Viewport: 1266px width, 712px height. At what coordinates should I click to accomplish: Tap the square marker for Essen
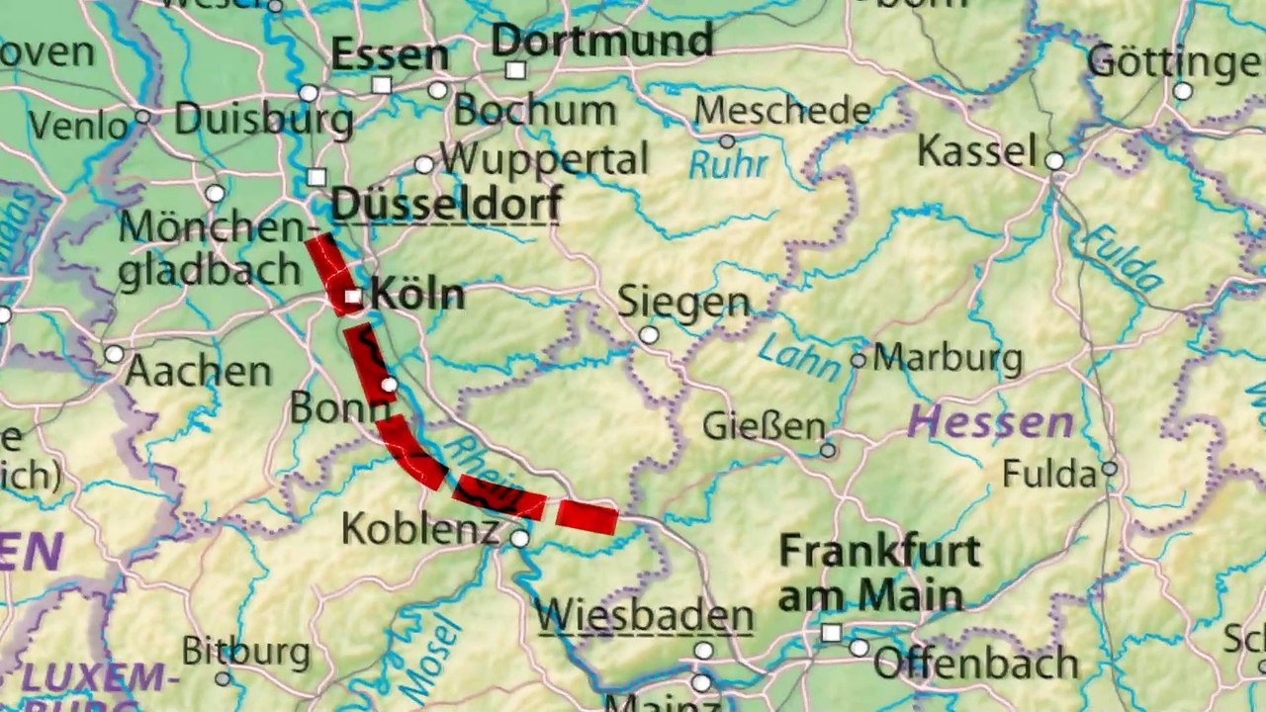click(x=382, y=85)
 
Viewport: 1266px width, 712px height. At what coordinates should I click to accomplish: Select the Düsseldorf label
click(x=446, y=205)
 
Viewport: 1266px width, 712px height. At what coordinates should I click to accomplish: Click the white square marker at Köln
click(x=351, y=297)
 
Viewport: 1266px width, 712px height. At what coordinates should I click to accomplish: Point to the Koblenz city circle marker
click(x=520, y=538)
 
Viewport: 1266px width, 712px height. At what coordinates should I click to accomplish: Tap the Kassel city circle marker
click(x=1054, y=160)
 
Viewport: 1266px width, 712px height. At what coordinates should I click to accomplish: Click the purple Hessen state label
click(x=990, y=423)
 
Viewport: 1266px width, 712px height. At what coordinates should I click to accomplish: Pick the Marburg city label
click(x=948, y=358)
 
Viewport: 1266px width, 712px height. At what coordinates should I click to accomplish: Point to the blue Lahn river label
click(x=798, y=356)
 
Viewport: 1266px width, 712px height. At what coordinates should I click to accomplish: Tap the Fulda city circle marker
click(x=1110, y=469)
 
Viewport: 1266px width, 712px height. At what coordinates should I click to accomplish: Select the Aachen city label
click(x=198, y=372)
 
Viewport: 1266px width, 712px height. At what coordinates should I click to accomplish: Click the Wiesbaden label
click(x=645, y=616)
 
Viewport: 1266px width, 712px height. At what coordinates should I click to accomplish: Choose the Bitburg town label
click(x=246, y=652)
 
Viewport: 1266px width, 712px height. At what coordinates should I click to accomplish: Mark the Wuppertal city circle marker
click(x=424, y=164)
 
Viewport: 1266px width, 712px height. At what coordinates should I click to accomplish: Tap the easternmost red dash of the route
click(x=587, y=516)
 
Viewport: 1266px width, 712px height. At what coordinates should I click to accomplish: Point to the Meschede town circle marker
click(x=727, y=141)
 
